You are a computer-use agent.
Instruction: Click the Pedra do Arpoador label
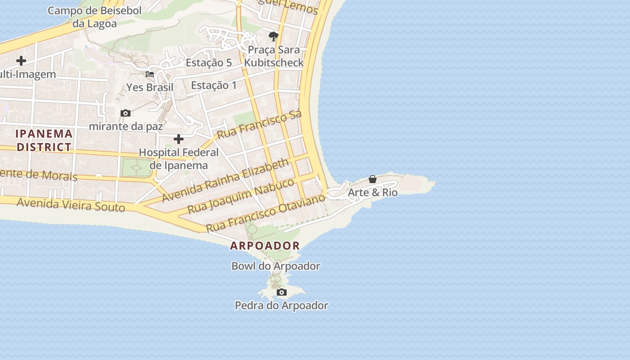[281, 306]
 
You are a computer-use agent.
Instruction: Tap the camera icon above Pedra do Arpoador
[282, 292]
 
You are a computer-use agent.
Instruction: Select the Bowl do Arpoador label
[275, 266]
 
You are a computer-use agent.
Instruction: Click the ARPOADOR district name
[265, 246]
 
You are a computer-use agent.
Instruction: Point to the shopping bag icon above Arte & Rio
[373, 179]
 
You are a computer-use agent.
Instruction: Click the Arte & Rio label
[373, 193]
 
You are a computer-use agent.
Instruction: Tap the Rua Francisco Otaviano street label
[265, 213]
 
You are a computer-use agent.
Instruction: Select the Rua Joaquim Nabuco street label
[241, 196]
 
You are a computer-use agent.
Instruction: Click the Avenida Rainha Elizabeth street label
[225, 180]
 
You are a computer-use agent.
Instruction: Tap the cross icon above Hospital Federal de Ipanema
[179, 139]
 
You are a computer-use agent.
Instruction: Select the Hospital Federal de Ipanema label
[178, 158]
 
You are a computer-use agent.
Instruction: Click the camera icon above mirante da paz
[126, 113]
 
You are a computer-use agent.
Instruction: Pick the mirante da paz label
[126, 126]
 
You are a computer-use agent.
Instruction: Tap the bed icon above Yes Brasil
[150, 74]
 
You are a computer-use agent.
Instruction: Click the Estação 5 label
[208, 63]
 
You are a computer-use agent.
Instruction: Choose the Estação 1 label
[214, 85]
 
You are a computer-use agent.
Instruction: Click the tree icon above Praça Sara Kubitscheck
[273, 36]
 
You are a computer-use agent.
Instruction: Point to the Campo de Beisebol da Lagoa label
[94, 17]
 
